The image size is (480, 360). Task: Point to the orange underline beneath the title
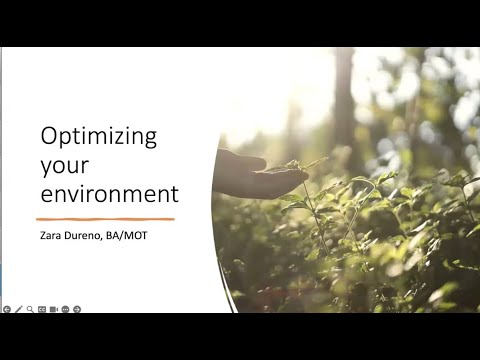point(105,217)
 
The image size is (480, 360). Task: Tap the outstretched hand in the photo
point(250,176)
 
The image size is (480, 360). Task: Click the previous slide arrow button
point(6,309)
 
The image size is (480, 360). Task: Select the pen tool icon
point(18,309)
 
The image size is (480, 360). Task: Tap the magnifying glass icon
point(30,309)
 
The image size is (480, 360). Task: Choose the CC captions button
point(42,309)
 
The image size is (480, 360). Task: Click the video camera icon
point(54,309)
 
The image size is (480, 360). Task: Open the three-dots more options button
point(65,309)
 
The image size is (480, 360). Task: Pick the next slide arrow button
point(77,309)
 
